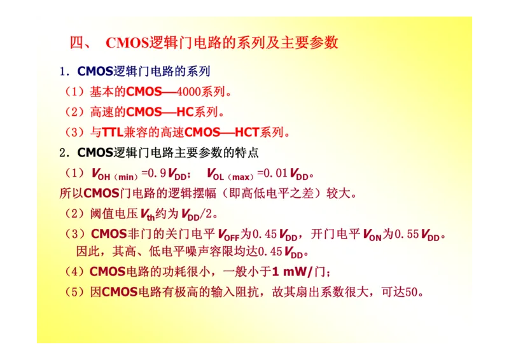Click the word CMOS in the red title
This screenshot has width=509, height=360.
tap(127, 43)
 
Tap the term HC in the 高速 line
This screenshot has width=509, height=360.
tap(185, 113)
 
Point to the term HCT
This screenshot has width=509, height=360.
tap(248, 133)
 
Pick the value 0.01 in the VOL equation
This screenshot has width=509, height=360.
tap(276, 173)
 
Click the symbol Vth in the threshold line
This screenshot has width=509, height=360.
tap(146, 214)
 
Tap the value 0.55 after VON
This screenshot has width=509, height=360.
tap(407, 234)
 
